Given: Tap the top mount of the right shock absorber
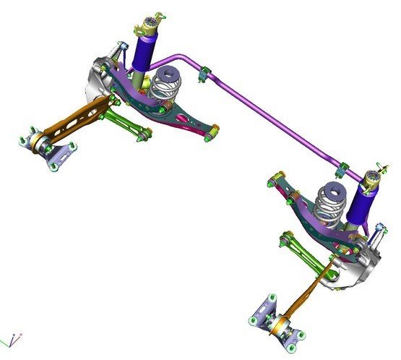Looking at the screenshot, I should (373, 177).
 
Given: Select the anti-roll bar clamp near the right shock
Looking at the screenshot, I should (344, 170).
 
